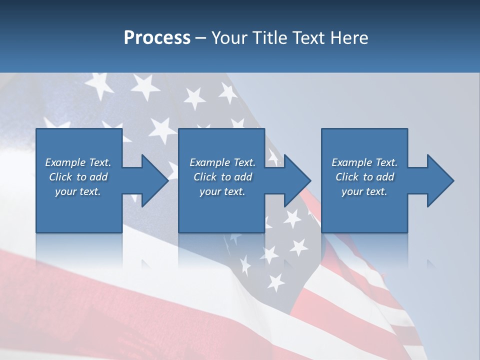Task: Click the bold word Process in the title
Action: click(157, 38)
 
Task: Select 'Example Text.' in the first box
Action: click(78, 162)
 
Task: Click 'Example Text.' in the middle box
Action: click(222, 162)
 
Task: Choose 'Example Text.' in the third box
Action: click(364, 162)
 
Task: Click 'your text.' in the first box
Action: click(78, 191)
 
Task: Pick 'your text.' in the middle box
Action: click(222, 191)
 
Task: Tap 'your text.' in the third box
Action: click(364, 191)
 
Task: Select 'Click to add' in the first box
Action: click(78, 177)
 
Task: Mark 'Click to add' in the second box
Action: click(222, 177)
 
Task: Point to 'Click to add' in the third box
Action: click(364, 177)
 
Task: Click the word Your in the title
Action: click(228, 38)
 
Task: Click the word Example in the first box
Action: click(65, 162)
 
